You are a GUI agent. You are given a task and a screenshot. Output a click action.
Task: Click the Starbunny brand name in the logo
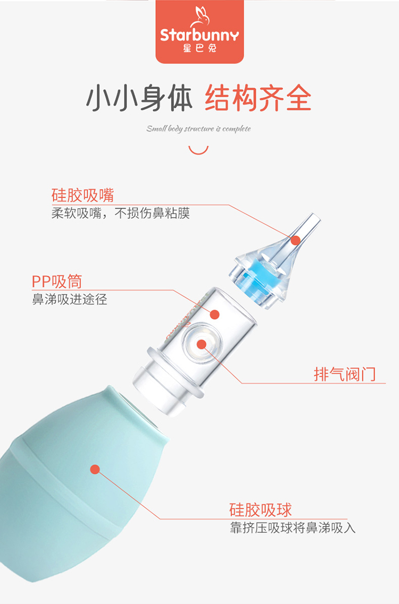pyautogui.click(x=199, y=35)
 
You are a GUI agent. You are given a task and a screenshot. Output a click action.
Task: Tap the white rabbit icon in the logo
pyautogui.click(x=201, y=16)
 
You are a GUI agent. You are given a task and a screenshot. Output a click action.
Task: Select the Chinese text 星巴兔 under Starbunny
pyautogui.click(x=200, y=48)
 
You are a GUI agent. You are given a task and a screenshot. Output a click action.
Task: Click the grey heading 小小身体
pyautogui.click(x=139, y=98)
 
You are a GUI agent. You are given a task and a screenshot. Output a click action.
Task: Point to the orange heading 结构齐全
pyautogui.click(x=258, y=98)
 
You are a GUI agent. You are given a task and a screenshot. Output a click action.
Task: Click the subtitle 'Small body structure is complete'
pyautogui.click(x=198, y=129)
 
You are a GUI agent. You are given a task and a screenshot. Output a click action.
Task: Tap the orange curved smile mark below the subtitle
pyautogui.click(x=198, y=150)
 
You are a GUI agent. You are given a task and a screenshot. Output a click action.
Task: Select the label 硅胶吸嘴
pyautogui.click(x=82, y=195)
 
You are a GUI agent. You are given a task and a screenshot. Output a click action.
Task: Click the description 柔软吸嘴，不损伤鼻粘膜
pyautogui.click(x=120, y=213)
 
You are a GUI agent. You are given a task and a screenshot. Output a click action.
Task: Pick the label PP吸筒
pyautogui.click(x=57, y=282)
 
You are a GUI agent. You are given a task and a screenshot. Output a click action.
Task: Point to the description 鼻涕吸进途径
pyautogui.click(x=70, y=299)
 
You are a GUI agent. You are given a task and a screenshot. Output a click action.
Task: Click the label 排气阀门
pyautogui.click(x=345, y=374)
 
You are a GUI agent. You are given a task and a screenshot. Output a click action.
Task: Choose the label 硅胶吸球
pyautogui.click(x=261, y=509)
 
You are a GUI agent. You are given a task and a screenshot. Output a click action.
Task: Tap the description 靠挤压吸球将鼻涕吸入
pyautogui.click(x=293, y=528)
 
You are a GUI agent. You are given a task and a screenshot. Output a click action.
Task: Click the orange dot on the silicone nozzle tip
pyautogui.click(x=296, y=241)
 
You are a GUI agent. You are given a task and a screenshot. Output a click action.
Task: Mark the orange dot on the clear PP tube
pyautogui.click(x=214, y=314)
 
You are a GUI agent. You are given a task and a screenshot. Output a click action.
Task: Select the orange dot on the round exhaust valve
pyautogui.click(x=202, y=344)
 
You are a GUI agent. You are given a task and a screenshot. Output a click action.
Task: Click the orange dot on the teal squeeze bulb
pyautogui.click(x=95, y=470)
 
